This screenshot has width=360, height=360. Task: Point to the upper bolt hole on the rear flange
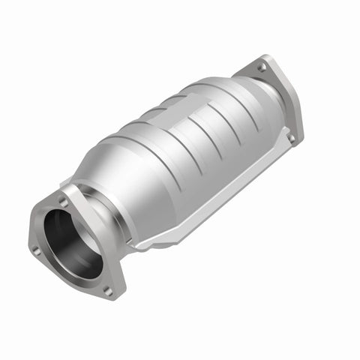click(x=260, y=68)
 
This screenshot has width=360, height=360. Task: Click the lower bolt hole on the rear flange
click(x=292, y=139)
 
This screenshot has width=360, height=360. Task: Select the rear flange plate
click(x=274, y=97)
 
